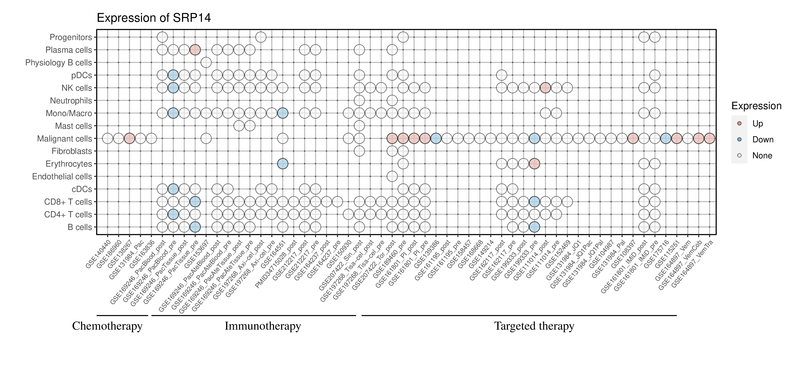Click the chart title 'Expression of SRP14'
tap(154, 18)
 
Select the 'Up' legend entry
tap(758, 124)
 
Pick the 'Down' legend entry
tap(762, 139)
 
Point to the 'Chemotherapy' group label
tap(107, 326)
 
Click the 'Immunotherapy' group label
tap(263, 326)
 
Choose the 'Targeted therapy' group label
tap(534, 326)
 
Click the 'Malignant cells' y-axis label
tap(65, 139)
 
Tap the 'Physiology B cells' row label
tap(59, 63)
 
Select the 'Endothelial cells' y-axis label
tap(62, 177)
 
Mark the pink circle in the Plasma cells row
tap(195, 50)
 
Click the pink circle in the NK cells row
tap(545, 88)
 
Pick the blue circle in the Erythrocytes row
tap(283, 164)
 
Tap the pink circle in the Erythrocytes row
tap(534, 164)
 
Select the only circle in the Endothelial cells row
tap(392, 177)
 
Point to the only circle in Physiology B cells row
tap(206, 63)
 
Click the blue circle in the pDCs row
tap(173, 75)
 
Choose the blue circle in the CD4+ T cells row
tap(173, 214)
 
